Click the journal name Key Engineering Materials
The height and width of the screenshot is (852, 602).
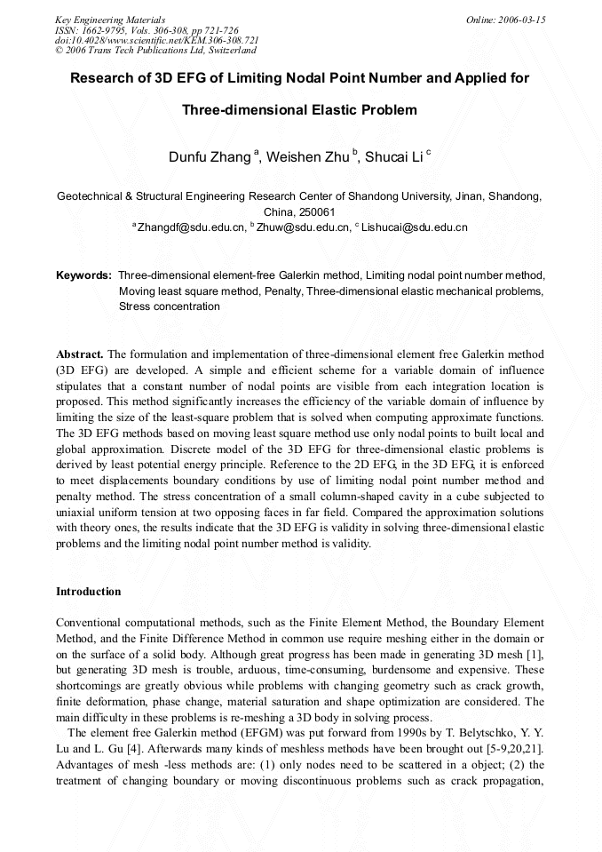click(x=110, y=20)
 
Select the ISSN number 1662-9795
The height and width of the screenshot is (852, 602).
click(x=103, y=30)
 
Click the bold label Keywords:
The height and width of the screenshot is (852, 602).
click(x=83, y=275)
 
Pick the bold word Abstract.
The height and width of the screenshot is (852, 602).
click(x=81, y=354)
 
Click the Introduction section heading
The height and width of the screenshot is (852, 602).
click(x=88, y=592)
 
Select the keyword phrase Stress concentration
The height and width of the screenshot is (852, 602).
click(x=169, y=307)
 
